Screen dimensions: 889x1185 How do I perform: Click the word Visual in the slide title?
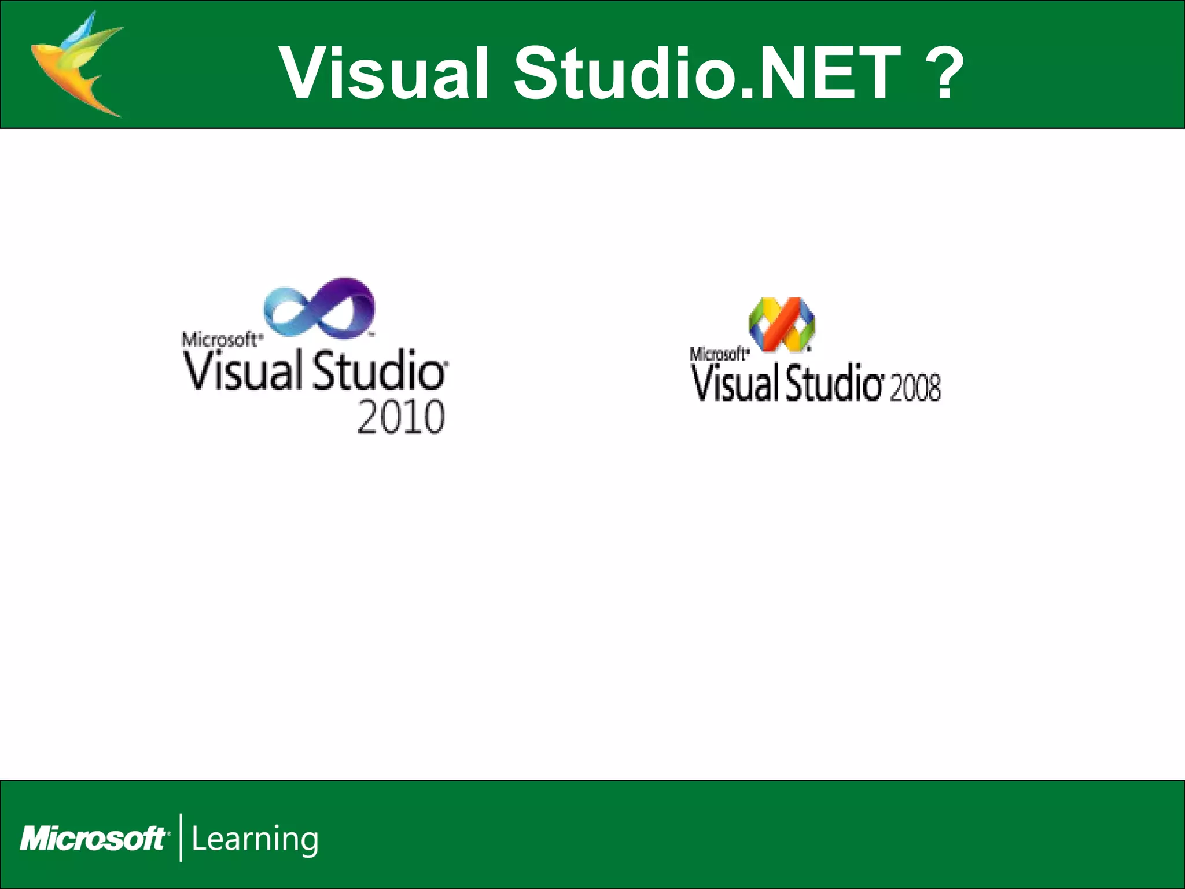pyautogui.click(x=385, y=73)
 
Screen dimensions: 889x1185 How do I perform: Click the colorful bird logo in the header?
pyautogui.click(x=75, y=64)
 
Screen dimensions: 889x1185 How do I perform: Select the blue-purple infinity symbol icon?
pyautogui.click(x=320, y=307)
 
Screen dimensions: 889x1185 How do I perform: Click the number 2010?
pyautogui.click(x=401, y=416)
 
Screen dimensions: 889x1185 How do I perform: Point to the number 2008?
pyautogui.click(x=915, y=387)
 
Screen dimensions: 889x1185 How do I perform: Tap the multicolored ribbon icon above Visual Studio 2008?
pyautogui.click(x=782, y=325)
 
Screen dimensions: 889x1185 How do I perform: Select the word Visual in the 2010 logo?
pyautogui.click(x=241, y=370)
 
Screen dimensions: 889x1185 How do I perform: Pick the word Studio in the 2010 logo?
pyautogui.click(x=379, y=370)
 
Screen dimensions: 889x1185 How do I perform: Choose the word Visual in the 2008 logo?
pyautogui.click(x=735, y=383)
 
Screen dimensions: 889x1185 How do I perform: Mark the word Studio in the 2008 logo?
pyautogui.click(x=833, y=383)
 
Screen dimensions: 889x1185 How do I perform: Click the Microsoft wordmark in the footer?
pyautogui.click(x=93, y=839)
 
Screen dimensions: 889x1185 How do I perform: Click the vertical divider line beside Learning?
pyautogui.click(x=181, y=837)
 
